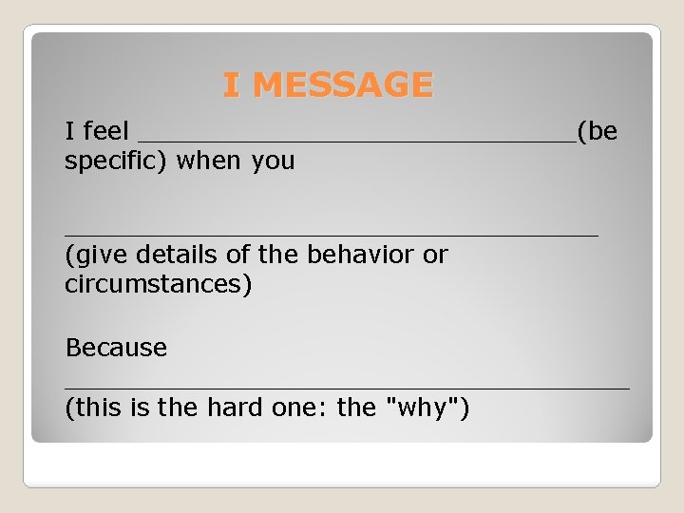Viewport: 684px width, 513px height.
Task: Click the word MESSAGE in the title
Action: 343,85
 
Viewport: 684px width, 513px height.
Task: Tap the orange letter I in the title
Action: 231,85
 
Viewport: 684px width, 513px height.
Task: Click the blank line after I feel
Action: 356,139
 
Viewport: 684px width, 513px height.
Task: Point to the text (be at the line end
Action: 598,131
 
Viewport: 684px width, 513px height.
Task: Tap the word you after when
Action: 273,161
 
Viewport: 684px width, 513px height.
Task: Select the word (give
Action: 97,255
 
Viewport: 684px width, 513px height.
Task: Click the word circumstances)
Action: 159,284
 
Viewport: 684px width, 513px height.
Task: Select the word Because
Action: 116,348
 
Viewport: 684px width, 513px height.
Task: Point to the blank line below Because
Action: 347,387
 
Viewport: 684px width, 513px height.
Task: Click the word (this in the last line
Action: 94,408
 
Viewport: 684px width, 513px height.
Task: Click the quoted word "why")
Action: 427,408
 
